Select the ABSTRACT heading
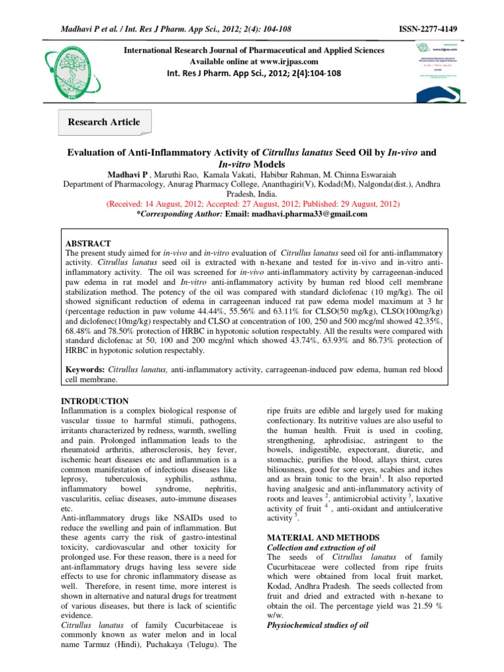pos(89,243)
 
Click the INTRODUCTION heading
pos(95,401)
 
